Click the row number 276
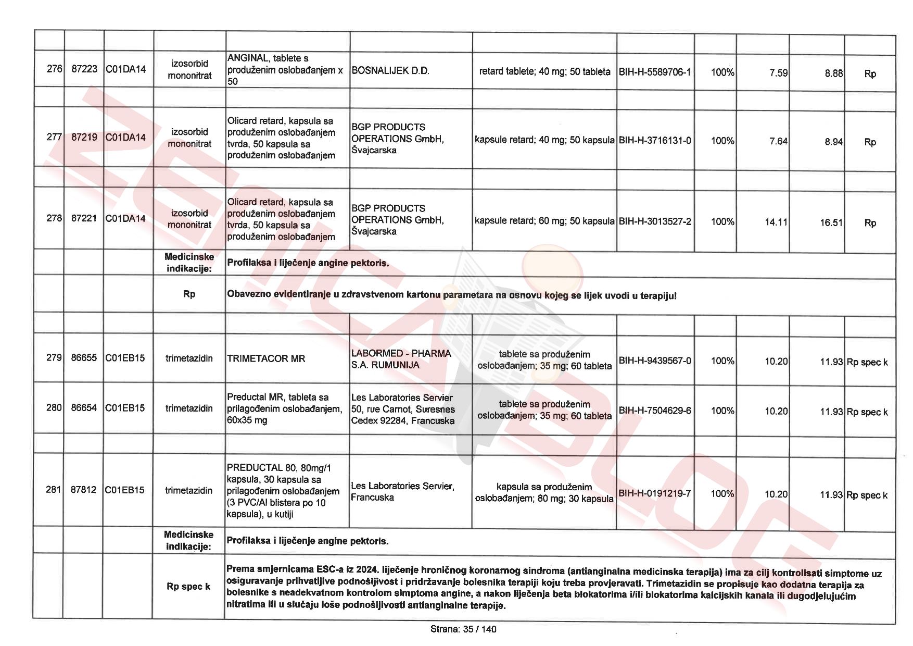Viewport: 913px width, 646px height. [54, 69]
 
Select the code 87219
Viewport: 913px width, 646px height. [84, 137]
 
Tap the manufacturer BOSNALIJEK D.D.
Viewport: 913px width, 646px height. [390, 71]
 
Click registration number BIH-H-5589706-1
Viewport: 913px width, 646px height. [655, 72]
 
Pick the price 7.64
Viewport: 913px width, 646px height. [778, 141]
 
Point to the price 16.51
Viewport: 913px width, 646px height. [831, 222]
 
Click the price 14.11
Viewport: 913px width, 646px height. [776, 222]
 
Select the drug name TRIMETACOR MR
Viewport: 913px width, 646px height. [266, 358]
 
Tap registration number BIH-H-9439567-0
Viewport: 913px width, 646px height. [655, 361]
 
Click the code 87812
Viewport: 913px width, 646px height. [83, 490]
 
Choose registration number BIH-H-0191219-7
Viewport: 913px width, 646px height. [654, 493]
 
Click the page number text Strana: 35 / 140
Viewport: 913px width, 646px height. [463, 629]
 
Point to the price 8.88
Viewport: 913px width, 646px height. [833, 73]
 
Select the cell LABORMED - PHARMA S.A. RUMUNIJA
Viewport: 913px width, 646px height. [401, 359]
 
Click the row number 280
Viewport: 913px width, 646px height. [54, 407]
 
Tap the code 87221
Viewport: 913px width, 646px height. [84, 218]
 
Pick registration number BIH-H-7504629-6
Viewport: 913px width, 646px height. [655, 411]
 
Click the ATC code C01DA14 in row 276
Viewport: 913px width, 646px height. [125, 69]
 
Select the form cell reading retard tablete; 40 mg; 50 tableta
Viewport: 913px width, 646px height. [544, 71]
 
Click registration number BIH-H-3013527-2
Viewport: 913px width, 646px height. [655, 221]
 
